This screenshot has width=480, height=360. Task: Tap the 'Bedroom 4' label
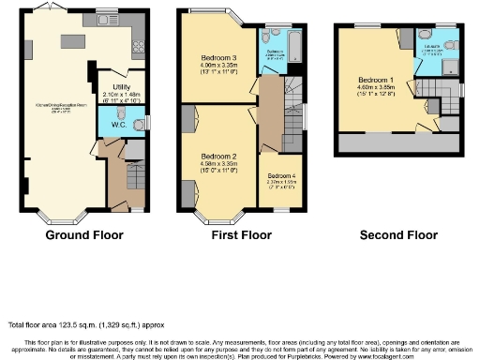(280, 175)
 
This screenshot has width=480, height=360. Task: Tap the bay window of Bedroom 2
(217, 217)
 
